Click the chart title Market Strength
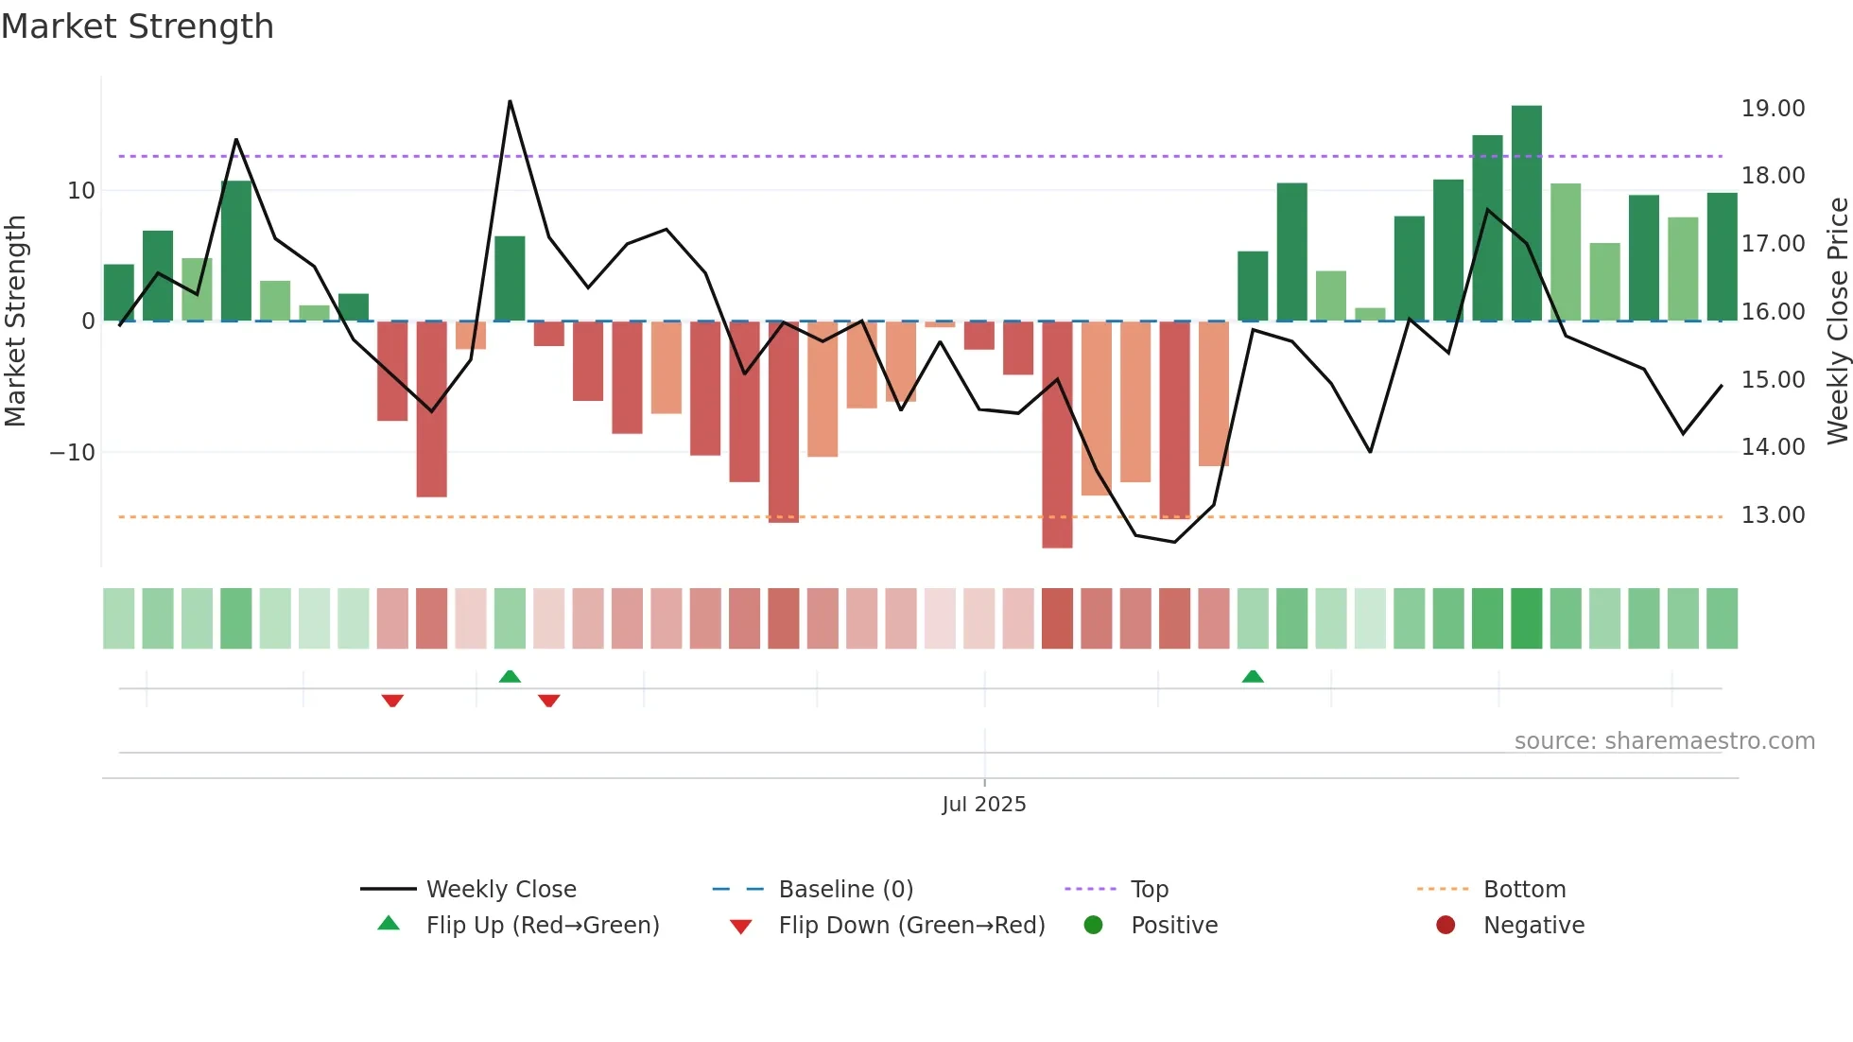click(137, 26)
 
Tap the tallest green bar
click(1526, 213)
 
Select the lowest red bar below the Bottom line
click(1057, 435)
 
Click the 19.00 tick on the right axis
click(1773, 109)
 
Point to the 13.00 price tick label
click(1773, 515)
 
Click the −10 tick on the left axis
click(73, 453)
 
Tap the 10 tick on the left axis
click(81, 191)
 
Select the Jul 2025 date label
click(983, 805)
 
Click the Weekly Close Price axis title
click(1837, 321)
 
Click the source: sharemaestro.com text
click(1664, 741)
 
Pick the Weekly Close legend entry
click(500, 890)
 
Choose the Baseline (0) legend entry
click(845, 890)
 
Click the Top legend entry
click(1149, 890)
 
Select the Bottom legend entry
click(1524, 890)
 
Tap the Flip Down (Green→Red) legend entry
click(910, 926)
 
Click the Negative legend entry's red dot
click(1446, 926)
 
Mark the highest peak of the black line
click(510, 101)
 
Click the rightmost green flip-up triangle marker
click(1253, 676)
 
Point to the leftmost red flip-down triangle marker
click(392, 701)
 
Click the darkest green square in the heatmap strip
click(1526, 618)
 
